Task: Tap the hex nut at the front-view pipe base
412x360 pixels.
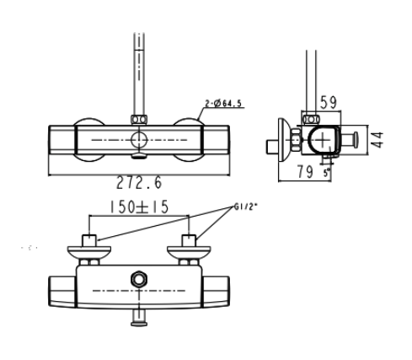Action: (138, 120)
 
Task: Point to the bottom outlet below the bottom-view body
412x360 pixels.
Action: (139, 315)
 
